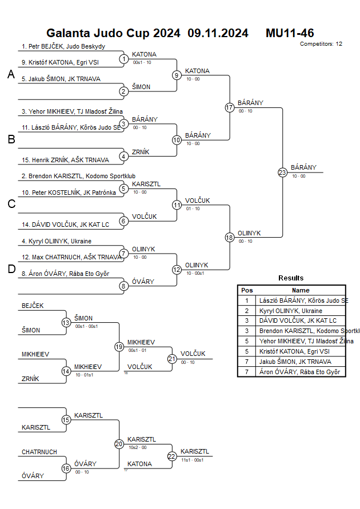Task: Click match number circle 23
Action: point(282,173)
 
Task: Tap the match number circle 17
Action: point(230,107)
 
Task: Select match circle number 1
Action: point(123,59)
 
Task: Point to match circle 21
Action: point(172,359)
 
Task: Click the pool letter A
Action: point(11,74)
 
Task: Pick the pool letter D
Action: point(11,270)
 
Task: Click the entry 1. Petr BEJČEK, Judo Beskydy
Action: point(63,46)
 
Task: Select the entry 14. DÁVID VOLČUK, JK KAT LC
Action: point(65,225)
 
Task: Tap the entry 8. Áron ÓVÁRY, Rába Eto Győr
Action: point(65,274)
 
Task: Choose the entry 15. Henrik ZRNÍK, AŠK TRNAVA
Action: point(65,159)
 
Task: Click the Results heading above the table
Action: point(291,278)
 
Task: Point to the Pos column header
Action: point(247,290)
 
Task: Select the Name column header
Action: point(301,290)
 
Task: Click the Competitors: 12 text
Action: point(321,43)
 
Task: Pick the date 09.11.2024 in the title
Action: point(218,33)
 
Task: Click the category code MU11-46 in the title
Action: point(290,33)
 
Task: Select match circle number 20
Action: point(119,443)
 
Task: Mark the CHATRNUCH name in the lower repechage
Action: point(39,452)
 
